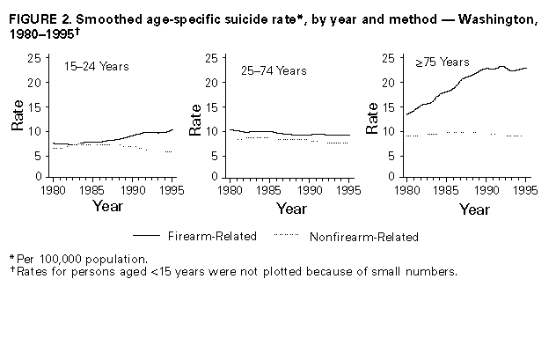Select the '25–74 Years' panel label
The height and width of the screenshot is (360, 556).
point(275,70)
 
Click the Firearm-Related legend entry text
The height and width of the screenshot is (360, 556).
point(219,237)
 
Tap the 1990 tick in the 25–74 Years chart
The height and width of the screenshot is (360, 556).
point(308,188)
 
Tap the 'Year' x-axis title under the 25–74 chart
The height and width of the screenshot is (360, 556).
point(291,209)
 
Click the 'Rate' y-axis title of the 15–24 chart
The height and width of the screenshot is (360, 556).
point(18,117)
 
